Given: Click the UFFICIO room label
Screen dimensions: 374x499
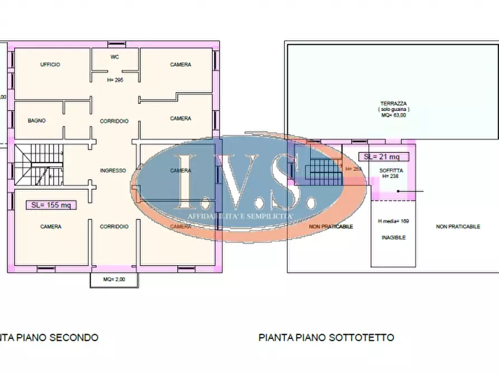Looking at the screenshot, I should coord(50,65).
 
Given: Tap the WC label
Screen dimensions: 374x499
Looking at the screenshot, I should coord(115,57).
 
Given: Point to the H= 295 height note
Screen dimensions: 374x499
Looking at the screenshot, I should coord(115,80).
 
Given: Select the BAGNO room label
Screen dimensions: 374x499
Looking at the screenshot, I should coord(37,121).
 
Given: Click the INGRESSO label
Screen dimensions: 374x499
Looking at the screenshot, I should coord(112,170).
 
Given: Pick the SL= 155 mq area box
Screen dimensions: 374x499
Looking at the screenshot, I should coord(51,205).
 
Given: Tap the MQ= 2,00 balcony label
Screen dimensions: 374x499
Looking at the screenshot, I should coord(114,279).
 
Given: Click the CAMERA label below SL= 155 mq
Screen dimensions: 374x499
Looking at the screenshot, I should coord(51,227).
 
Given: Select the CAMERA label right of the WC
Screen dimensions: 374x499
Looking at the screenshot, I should coord(180,65).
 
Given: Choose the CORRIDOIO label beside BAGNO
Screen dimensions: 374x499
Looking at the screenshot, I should coord(114,121).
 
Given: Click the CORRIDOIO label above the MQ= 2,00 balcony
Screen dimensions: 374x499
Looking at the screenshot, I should coord(114,227).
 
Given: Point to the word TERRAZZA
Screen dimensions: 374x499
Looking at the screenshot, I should coord(393,103).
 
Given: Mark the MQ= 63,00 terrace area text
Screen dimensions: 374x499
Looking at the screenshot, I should coord(393,116).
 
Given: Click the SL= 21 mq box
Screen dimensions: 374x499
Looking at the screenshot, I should coord(382,157).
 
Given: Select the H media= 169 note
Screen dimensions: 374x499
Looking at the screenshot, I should coord(393,222).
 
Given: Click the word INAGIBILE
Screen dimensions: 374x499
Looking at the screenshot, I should coord(393,237).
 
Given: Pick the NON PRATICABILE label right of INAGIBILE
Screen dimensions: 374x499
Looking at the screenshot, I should coord(458,227).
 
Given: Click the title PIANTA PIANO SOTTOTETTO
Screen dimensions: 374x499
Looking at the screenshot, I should coord(326,337).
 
